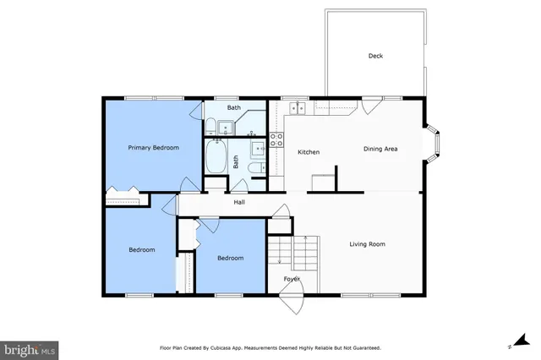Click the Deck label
[x=375, y=57]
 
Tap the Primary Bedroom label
[x=153, y=148]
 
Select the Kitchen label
[x=308, y=151]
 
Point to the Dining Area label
[x=380, y=150]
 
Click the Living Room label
[x=367, y=244]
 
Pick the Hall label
[x=239, y=202]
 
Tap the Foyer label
[x=292, y=278]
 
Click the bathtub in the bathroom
[x=216, y=156]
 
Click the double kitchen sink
[x=298, y=107]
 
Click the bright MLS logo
[x=30, y=346]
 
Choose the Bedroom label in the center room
[x=230, y=258]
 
